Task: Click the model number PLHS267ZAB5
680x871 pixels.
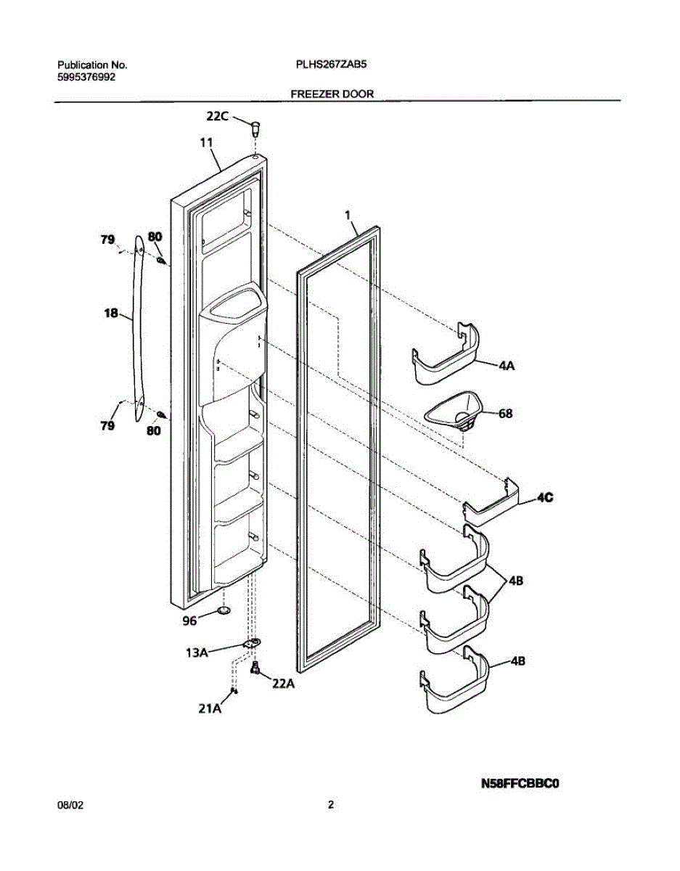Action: [x=331, y=65]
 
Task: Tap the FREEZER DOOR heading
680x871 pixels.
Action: [x=332, y=94]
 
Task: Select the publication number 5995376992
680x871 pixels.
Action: [x=86, y=76]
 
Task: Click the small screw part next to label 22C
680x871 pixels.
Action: [x=255, y=130]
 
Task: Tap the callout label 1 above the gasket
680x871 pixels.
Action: [x=348, y=215]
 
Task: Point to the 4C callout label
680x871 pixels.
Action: [x=546, y=497]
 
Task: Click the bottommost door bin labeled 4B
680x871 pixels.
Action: [x=454, y=685]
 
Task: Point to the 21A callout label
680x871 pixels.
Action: [x=210, y=710]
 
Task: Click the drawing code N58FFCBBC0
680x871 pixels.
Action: [x=523, y=783]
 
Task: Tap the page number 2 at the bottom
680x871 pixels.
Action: [x=331, y=804]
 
